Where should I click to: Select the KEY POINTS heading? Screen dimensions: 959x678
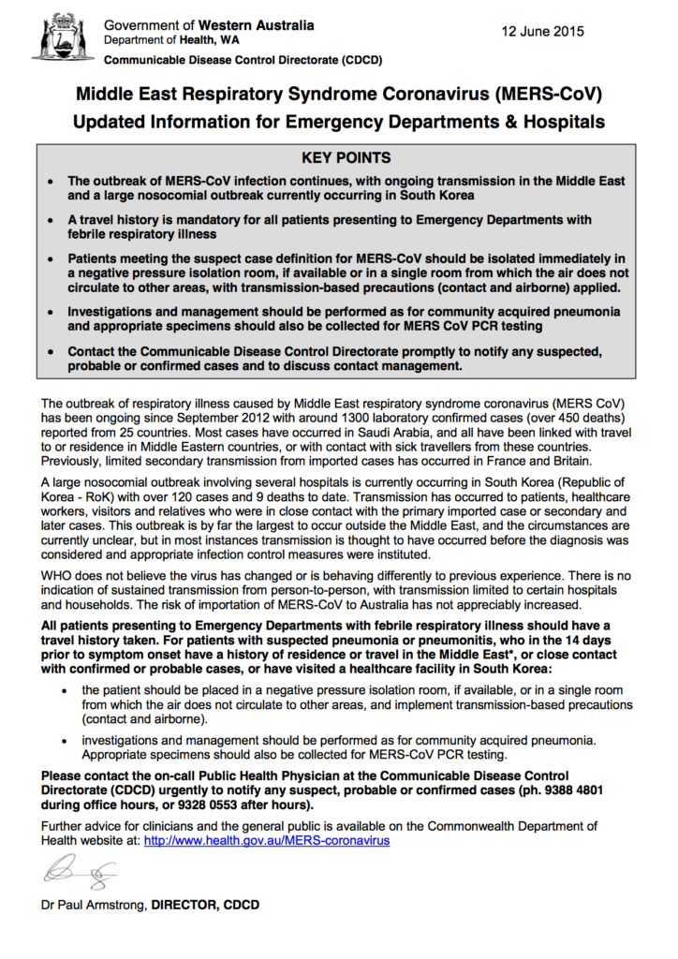tap(339, 158)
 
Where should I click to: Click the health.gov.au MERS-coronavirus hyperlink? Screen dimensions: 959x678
tap(267, 841)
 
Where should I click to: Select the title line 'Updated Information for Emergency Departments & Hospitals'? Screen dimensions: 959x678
tap(339, 122)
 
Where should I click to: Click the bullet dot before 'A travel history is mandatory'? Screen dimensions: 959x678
tap(50, 220)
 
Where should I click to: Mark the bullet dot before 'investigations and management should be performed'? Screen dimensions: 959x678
tap(64, 739)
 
